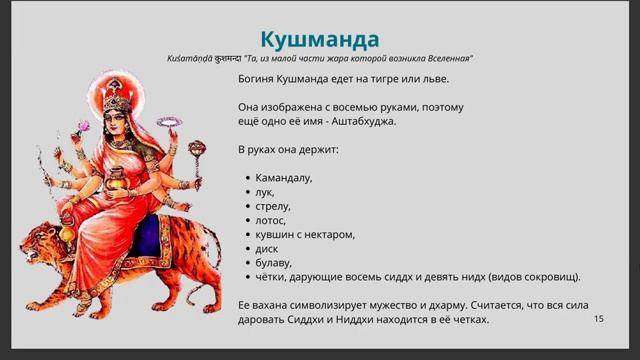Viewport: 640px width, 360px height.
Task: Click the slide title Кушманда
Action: [320, 39]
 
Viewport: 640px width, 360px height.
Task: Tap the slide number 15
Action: [599, 318]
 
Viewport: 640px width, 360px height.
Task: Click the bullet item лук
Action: [265, 192]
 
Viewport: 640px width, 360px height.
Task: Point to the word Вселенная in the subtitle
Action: [445, 59]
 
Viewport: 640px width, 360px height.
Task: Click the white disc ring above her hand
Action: [176, 122]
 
